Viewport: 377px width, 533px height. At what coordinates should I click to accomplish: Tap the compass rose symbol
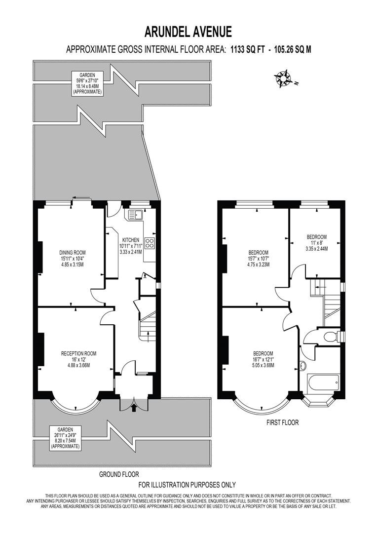pos(284,78)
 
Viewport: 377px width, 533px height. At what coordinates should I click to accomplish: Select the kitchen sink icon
pos(135,215)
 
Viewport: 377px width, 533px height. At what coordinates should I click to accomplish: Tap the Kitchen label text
pos(131,245)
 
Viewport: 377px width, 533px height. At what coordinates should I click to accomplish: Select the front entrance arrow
pos(135,407)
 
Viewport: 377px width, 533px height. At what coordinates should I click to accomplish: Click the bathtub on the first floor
pos(323,382)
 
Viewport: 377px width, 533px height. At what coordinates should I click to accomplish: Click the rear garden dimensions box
pos(87,83)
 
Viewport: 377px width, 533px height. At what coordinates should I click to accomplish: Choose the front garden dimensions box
pos(65,438)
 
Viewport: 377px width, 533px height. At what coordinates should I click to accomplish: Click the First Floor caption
pos(282,422)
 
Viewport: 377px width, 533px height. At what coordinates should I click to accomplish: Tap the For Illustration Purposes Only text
pos(187,485)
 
